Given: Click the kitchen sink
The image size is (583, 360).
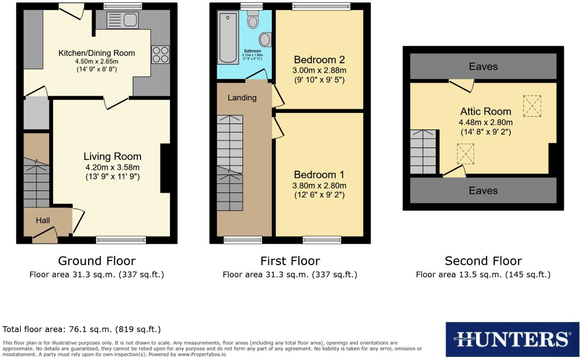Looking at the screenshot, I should (122, 20).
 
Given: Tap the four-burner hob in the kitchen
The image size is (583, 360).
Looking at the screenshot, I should (160, 55).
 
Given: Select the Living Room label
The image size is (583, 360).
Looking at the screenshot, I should (112, 157).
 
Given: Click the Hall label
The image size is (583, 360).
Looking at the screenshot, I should (43, 221).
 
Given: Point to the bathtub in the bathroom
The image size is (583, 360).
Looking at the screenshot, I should (228, 37).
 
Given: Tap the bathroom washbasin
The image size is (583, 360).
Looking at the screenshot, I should (265, 39).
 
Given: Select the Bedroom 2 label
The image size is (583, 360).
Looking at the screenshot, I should (319, 60).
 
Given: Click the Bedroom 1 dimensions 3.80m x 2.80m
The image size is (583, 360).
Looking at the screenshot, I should (319, 186).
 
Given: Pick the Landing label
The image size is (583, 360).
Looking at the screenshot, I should (242, 98).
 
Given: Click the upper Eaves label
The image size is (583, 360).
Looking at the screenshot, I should (483, 67).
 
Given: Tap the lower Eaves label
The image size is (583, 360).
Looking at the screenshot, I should (483, 190).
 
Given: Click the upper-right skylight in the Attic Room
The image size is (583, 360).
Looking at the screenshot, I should (532, 106).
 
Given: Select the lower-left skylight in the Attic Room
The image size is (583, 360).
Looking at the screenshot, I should (465, 154).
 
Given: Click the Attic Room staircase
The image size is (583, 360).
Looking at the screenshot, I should (423, 152).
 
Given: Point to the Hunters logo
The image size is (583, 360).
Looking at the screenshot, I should (512, 339).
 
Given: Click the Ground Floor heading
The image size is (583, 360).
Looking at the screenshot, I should (97, 261).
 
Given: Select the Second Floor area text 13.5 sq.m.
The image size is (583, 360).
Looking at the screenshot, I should (483, 275).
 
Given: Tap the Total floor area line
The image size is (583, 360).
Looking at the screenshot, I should (81, 329).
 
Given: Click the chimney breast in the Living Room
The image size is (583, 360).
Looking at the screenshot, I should (166, 168).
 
